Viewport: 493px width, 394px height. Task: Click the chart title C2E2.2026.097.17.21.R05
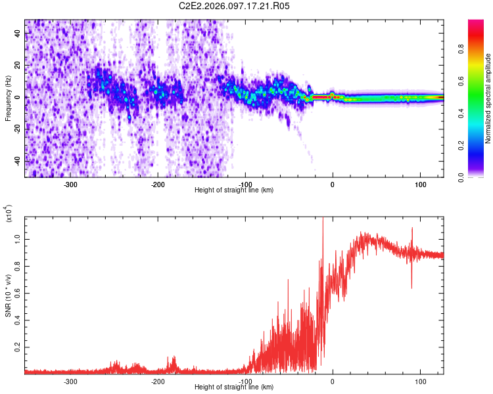click(235, 6)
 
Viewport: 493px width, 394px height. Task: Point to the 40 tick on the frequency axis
click(18, 34)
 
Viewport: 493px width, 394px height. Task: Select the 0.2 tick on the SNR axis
click(18, 347)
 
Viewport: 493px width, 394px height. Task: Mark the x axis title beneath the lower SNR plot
click(235, 387)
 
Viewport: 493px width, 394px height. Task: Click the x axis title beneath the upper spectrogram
click(235, 190)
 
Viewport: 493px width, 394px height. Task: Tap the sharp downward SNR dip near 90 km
click(411, 286)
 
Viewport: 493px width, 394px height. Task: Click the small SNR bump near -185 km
click(174, 360)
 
